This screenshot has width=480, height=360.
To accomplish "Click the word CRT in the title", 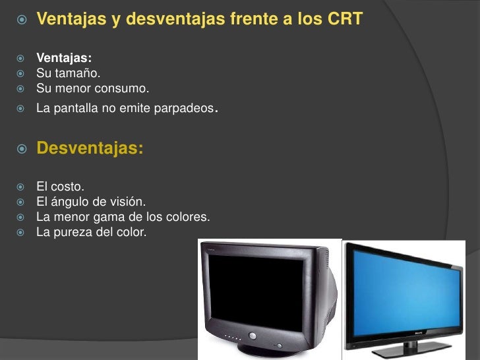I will coord(345,19).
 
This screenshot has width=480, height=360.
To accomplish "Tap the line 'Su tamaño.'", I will coord(68,73).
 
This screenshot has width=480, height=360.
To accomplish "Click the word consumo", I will coord(126,88).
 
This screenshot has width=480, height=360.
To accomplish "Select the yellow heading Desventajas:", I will coord(90,148).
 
